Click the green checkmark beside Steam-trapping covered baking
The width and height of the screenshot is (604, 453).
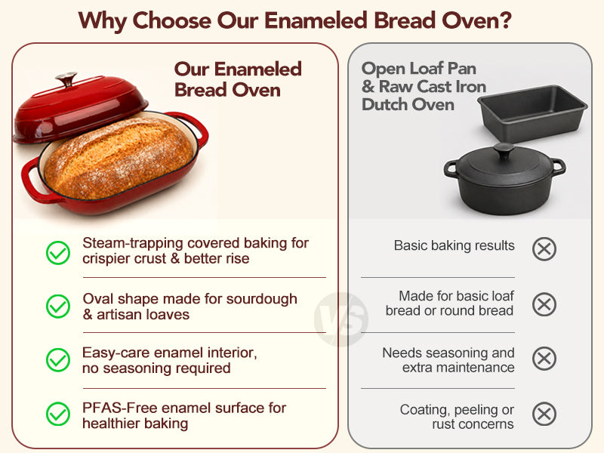click(58, 253)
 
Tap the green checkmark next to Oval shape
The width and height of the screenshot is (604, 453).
click(58, 307)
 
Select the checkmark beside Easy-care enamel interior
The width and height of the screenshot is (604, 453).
click(58, 360)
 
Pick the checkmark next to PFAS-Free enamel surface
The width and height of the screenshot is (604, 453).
click(58, 414)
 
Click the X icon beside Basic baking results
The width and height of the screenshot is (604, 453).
click(544, 249)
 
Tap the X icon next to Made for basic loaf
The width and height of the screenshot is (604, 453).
click(544, 304)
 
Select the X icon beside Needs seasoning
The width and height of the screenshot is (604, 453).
click(544, 359)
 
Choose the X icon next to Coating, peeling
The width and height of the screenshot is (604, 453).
click(544, 414)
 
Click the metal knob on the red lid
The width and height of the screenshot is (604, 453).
click(66, 79)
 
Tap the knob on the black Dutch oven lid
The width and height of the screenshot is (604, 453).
click(504, 150)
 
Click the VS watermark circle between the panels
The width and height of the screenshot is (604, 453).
click(341, 319)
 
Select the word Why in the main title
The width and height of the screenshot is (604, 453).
click(102, 21)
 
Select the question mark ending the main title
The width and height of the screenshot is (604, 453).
click(504, 20)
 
